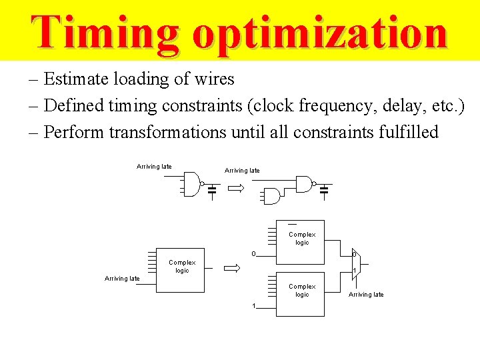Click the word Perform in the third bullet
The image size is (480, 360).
click(x=74, y=132)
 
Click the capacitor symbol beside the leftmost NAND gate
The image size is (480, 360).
click(x=212, y=191)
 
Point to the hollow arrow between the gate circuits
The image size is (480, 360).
click(x=236, y=189)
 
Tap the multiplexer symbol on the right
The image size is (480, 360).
click(x=356, y=263)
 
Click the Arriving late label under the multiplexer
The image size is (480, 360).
click(x=366, y=295)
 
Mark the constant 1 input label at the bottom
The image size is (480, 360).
click(x=254, y=306)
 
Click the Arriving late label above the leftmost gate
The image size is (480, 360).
click(x=154, y=167)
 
